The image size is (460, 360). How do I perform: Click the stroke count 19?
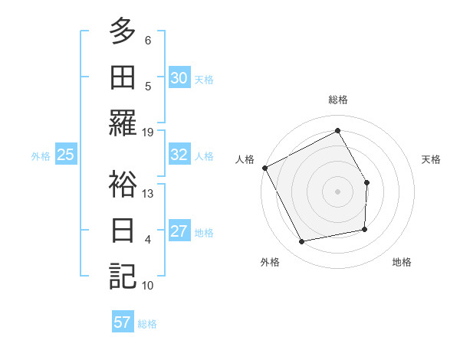(x=148, y=132)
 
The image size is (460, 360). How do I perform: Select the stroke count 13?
(x=148, y=193)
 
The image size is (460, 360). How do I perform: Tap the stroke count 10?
(x=148, y=285)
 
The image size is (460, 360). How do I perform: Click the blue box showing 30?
(x=179, y=77)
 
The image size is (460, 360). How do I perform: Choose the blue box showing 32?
(x=179, y=155)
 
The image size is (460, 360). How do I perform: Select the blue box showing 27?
(x=179, y=231)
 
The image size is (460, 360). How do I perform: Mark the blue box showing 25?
(x=65, y=155)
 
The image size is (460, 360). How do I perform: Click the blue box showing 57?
(x=122, y=322)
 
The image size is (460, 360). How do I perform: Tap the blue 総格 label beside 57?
(x=147, y=324)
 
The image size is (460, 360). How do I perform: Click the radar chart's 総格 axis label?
(x=337, y=100)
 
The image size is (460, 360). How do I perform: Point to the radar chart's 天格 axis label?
(x=431, y=159)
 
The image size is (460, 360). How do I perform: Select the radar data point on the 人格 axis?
(x=264, y=168)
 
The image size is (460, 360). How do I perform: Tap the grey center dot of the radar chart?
(x=337, y=191)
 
